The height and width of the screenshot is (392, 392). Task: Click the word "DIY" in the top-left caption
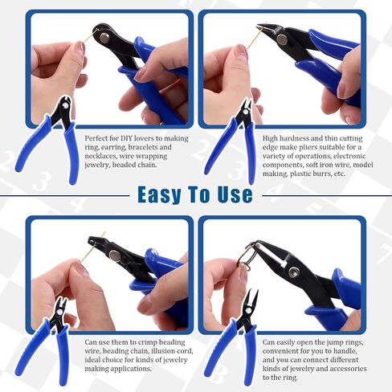point(126,138)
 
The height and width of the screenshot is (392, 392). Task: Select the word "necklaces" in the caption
point(100,156)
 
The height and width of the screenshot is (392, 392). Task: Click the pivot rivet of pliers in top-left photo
point(104,38)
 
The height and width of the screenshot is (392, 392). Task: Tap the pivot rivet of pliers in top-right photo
point(282,39)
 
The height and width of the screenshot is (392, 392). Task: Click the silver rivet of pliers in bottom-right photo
point(293,272)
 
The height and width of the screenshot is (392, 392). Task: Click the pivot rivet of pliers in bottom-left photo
point(115,256)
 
